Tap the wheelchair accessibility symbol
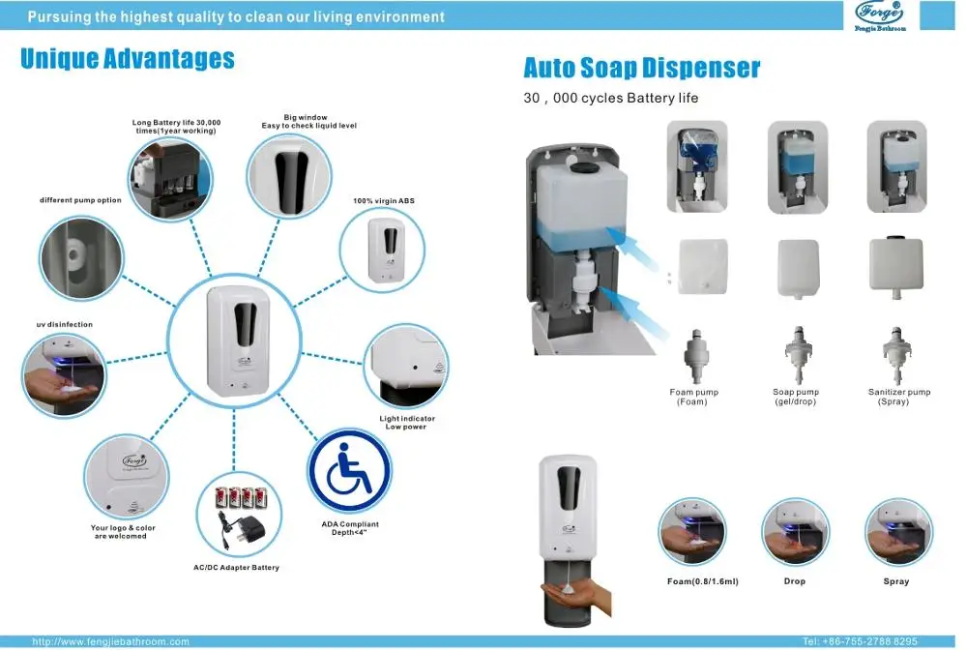(349, 470)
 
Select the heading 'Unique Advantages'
(128, 59)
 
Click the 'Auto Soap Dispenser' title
(641, 68)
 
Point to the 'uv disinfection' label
(65, 325)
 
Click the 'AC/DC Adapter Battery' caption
(236, 568)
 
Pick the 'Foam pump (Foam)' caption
(693, 397)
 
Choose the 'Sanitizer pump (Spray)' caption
(898, 397)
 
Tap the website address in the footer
(110, 641)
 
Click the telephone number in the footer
(860, 641)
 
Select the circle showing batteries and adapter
(239, 515)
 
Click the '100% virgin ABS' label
(384, 201)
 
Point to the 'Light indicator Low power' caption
(406, 423)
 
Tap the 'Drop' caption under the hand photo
(794, 581)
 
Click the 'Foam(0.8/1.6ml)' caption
(702, 581)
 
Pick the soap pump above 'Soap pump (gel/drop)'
(798, 355)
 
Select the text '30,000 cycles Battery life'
(610, 98)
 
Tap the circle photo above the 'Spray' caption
(898, 532)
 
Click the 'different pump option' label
(80, 200)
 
